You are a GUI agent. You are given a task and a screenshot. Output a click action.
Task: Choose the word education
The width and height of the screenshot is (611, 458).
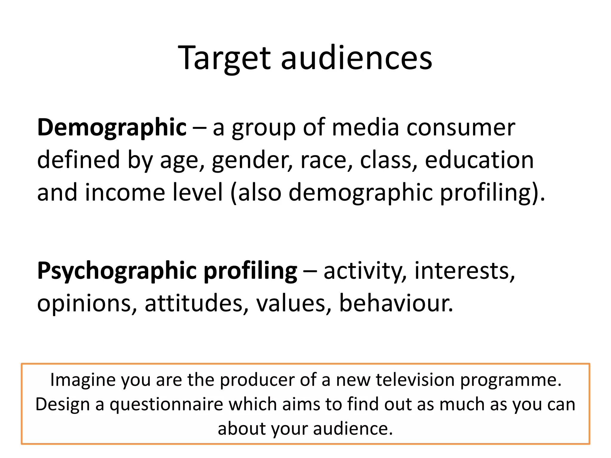point(479,160)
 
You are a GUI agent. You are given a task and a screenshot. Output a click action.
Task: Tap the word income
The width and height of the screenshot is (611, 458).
point(125,192)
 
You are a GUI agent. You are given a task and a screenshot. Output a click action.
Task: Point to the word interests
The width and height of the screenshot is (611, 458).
point(465,271)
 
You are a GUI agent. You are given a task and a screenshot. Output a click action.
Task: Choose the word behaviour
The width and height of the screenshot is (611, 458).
point(396,303)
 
